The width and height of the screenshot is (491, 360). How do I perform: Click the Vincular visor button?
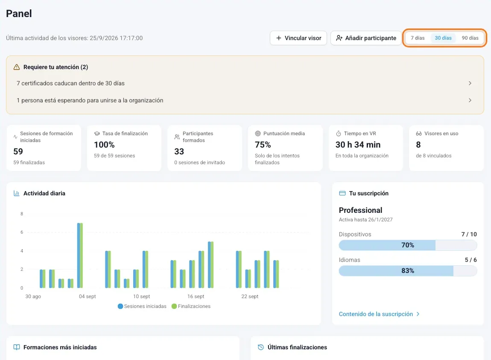pos(298,38)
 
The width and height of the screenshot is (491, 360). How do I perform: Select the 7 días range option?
pos(418,38)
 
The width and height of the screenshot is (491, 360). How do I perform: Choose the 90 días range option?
pos(470,38)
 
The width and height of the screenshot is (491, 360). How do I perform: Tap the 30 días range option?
pos(443,38)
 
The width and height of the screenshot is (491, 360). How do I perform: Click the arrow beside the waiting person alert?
pos(470,100)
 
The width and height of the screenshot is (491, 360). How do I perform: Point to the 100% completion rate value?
pos(104,145)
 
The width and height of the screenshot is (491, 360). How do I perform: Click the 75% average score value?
pos(263,145)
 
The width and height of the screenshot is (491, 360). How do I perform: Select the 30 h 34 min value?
pos(358,145)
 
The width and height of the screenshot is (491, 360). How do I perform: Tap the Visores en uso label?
pos(441,134)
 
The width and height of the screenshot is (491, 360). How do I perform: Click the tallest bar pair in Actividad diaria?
pos(80,255)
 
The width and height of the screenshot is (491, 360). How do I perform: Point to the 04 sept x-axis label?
pos(88,296)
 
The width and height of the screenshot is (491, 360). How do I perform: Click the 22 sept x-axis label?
pos(250,296)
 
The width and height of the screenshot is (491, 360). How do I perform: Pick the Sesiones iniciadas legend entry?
pos(142,306)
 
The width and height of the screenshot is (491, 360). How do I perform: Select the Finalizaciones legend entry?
pos(191,306)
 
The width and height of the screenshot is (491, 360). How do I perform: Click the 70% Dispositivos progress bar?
pos(408,245)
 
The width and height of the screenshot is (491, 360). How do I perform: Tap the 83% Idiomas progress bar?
pos(408,271)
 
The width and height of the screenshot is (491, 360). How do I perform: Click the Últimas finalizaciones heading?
pos(297,347)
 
